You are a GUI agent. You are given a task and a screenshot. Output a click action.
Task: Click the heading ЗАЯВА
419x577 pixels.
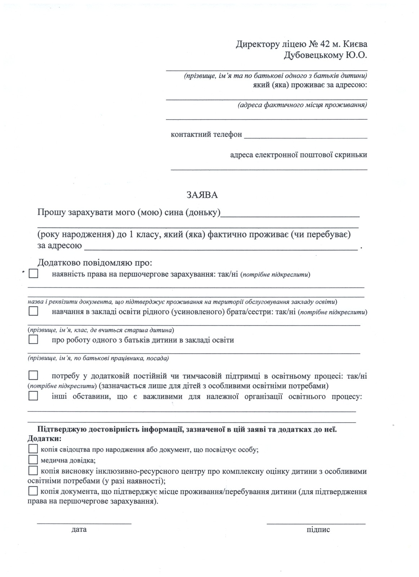click(x=202, y=195)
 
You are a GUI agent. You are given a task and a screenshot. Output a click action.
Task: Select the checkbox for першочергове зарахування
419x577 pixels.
click(x=33, y=274)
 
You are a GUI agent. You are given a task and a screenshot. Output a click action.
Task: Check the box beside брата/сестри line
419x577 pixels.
click(x=33, y=311)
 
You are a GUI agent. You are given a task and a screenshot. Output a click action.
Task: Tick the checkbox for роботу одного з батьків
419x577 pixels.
click(x=33, y=340)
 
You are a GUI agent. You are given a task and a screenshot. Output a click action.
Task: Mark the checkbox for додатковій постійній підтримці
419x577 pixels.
click(x=33, y=375)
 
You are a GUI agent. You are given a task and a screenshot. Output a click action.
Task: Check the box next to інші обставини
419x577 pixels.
click(x=33, y=396)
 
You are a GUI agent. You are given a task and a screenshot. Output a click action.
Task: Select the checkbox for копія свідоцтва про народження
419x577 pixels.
click(x=33, y=449)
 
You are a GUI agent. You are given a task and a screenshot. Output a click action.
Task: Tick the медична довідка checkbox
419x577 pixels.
click(x=33, y=460)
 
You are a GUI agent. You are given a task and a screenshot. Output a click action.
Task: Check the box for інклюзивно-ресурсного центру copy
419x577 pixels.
click(x=33, y=471)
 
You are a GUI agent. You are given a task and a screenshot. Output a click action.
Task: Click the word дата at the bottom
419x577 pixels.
click(x=79, y=530)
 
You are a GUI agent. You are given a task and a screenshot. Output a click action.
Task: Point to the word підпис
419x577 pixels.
click(x=318, y=530)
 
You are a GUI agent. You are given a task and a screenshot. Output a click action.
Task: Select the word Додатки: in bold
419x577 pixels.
click(x=44, y=439)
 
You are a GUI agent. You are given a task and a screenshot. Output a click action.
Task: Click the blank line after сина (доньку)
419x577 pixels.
click(x=290, y=216)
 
